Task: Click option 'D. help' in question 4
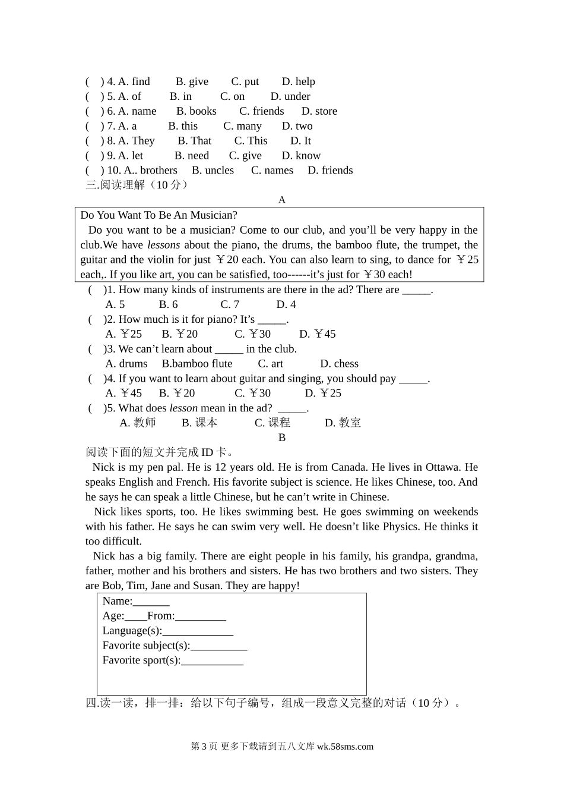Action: point(298,81)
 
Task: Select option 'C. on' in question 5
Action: point(232,96)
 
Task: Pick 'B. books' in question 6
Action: point(196,111)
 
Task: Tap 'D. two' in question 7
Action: point(297,126)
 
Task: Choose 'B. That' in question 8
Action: point(194,141)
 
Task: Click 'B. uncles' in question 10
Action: point(213,170)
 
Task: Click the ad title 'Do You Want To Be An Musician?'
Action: point(159,215)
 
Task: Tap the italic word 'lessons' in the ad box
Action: point(163,245)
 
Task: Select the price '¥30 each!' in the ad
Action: point(388,275)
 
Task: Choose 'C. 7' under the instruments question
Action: point(230,304)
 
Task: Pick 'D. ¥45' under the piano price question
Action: point(317,334)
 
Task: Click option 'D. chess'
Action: point(339,364)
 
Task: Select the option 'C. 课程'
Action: point(272,423)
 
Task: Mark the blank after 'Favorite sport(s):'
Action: point(212,660)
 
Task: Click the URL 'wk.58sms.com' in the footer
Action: point(345,747)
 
